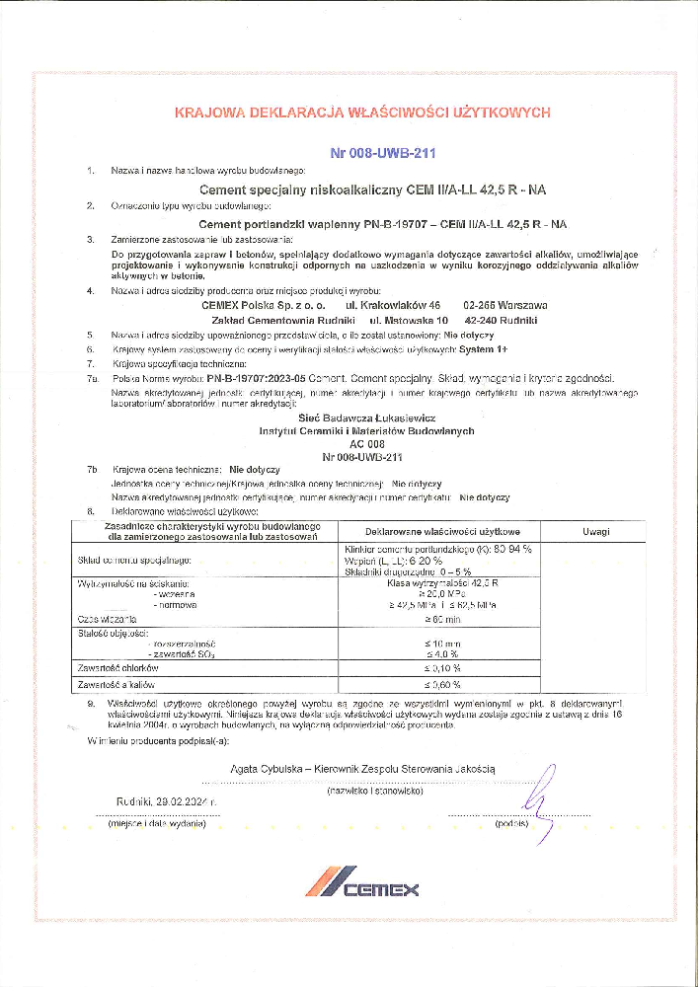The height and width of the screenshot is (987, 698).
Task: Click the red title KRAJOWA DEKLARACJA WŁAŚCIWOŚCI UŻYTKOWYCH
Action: coord(361,113)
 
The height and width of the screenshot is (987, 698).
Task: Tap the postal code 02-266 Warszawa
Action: coord(505,306)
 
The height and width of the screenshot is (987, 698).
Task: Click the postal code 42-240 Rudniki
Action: coord(502,321)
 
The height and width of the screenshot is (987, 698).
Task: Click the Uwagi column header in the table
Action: coord(595,531)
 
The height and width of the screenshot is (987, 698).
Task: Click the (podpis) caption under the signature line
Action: coord(513,821)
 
